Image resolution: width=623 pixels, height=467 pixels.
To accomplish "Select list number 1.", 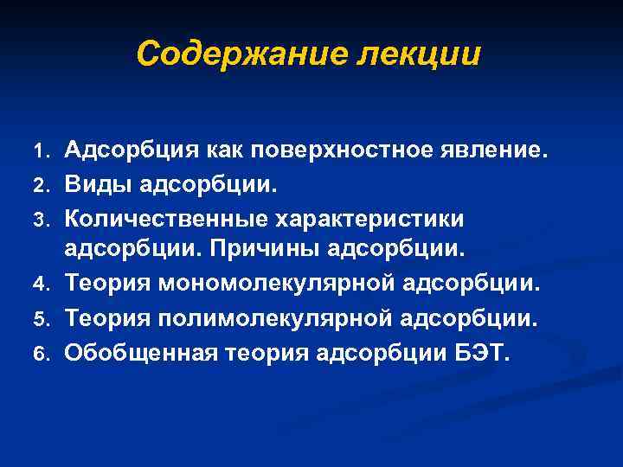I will pyautogui.click(x=48, y=153).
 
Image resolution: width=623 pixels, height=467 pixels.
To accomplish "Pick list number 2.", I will pyautogui.click(x=48, y=185).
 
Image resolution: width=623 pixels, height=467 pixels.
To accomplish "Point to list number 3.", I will pyautogui.click(x=48, y=218).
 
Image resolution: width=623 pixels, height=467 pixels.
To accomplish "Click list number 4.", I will pyautogui.click(x=48, y=282).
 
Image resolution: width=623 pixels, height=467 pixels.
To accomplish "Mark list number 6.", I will pyautogui.click(x=48, y=352).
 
